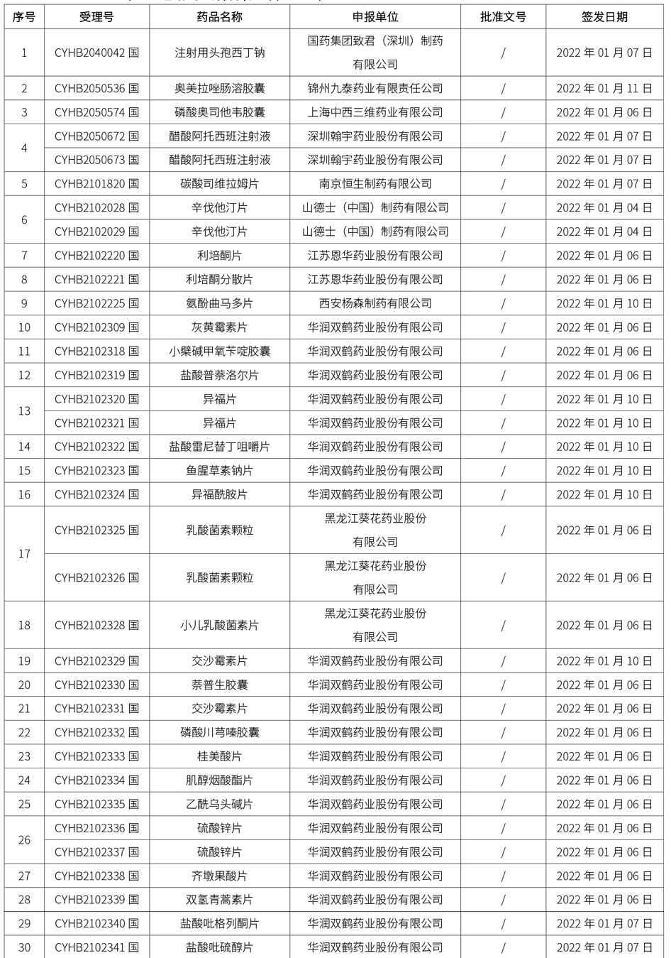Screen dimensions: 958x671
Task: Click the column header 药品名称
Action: click(219, 17)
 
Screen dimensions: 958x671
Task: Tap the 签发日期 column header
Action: click(604, 17)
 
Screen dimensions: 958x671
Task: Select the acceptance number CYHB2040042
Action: click(96, 53)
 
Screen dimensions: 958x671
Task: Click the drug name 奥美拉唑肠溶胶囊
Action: click(219, 89)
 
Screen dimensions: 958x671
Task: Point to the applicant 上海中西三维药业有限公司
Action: click(375, 112)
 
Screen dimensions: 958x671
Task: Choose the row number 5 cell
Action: click(25, 184)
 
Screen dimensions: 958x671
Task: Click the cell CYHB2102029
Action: click(96, 232)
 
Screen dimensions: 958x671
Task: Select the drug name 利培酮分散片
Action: click(219, 280)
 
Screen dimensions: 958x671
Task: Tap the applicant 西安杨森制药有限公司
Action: click(375, 303)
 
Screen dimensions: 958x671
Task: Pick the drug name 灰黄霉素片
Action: click(219, 327)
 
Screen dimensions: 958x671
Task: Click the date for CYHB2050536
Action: click(604, 89)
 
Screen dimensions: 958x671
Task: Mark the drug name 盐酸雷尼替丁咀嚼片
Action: click(219, 447)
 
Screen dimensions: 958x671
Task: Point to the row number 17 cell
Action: click(25, 554)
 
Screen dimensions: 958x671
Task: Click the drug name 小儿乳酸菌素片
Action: click(219, 626)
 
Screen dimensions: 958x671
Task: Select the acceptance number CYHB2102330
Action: click(96, 685)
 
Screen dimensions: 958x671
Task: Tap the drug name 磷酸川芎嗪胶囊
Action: click(219, 733)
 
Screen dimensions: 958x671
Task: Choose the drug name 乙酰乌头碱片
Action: click(219, 805)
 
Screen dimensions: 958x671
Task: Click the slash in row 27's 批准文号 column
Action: click(503, 876)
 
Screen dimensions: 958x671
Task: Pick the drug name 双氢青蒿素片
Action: click(219, 900)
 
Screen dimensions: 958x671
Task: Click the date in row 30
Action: click(604, 947)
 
